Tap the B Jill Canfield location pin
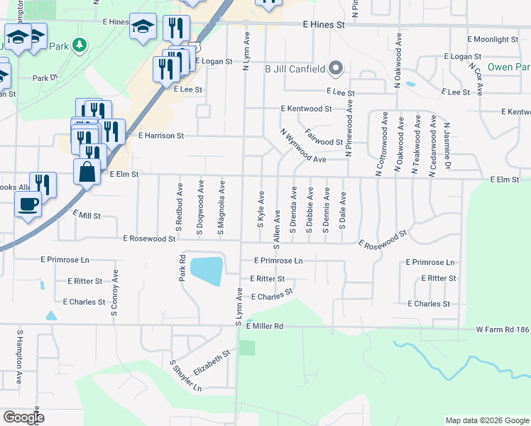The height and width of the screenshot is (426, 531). point(336,69)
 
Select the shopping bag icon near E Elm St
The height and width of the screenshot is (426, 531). point(87,173)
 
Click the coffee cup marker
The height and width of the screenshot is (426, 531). point(28,204)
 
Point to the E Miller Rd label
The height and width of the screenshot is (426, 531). point(265,326)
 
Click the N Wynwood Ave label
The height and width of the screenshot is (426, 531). point(302,146)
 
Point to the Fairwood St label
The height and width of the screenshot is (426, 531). point(324,138)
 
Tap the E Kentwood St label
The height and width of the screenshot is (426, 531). point(306,109)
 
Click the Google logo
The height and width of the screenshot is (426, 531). point(24,417)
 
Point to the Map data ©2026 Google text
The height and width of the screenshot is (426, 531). point(486,420)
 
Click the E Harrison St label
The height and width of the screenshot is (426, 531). point(161,135)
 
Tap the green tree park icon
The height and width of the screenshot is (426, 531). point(80,45)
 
